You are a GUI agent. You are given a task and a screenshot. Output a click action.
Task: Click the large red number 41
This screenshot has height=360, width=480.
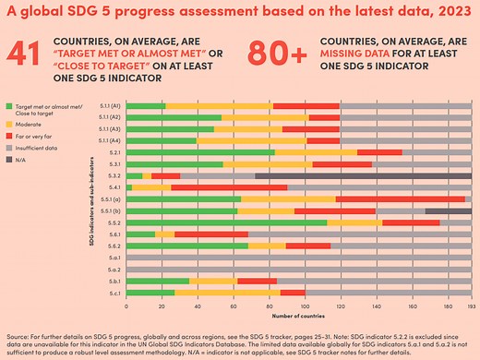pos(27,56)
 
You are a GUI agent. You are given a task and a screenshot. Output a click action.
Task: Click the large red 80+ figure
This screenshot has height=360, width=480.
pos(281,56)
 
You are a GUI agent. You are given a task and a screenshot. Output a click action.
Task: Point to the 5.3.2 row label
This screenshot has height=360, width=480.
pos(114,175)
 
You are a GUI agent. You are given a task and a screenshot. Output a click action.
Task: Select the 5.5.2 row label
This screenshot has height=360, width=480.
pos(114,222)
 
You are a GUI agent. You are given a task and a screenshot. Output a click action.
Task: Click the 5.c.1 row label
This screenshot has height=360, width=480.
pos(114,293)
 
